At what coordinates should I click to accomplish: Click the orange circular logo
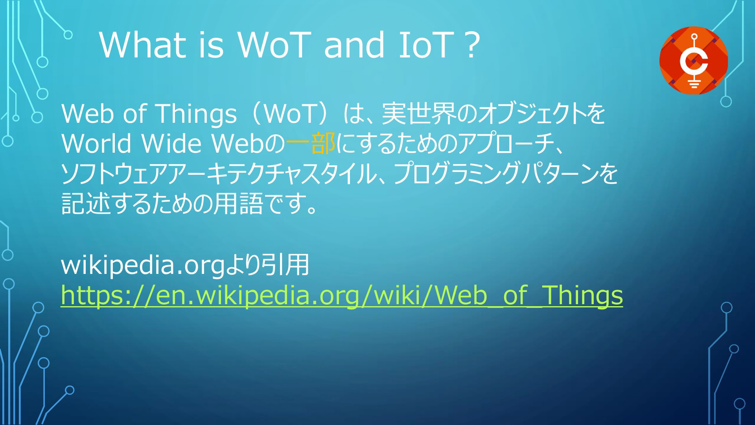[694, 60]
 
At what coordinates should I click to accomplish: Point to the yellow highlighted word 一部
[311, 143]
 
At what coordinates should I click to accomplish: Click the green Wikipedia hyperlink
[342, 295]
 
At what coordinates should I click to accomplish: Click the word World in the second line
[96, 143]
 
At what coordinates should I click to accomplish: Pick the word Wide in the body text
[171, 143]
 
